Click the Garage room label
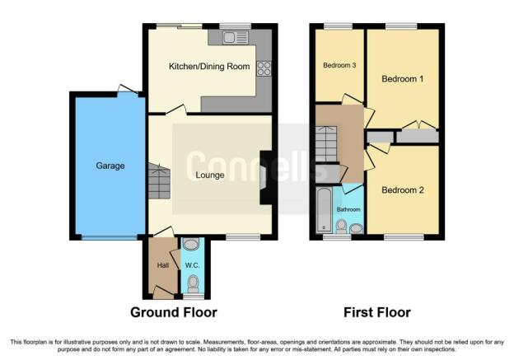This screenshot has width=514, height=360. (x=110, y=166)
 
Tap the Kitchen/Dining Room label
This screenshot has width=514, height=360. (x=209, y=67)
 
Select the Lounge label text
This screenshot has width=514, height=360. (x=210, y=175)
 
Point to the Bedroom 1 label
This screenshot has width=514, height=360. (x=403, y=79)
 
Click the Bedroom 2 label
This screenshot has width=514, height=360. (x=403, y=190)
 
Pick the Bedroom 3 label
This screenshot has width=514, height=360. (x=339, y=65)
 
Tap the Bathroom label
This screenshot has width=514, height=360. (x=348, y=209)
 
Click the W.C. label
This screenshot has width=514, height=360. (x=192, y=265)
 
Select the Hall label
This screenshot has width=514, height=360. (x=163, y=265)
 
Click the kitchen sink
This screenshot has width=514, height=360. (x=235, y=37)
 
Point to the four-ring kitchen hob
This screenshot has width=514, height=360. (x=264, y=68)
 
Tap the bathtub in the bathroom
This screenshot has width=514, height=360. (x=325, y=210)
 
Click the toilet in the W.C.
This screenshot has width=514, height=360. (x=193, y=283)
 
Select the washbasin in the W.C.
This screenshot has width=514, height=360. (x=191, y=244)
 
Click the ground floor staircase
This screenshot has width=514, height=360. (x=159, y=181)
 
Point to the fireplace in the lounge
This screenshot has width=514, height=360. (x=266, y=177)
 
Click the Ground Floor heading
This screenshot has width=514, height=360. (x=174, y=312)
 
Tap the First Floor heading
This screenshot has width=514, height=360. (x=377, y=312)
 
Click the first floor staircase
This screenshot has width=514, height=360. (x=326, y=144)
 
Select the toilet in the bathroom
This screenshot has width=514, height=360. (x=341, y=227)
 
